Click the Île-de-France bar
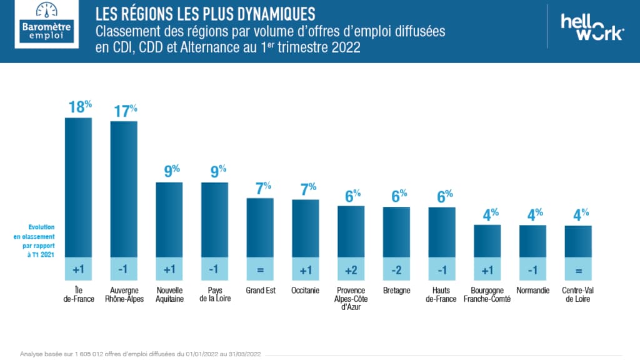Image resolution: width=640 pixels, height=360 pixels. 79,187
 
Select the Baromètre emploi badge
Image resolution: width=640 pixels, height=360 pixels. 47,25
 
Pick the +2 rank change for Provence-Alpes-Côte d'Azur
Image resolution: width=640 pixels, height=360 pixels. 351,269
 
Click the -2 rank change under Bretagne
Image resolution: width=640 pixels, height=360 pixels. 396,269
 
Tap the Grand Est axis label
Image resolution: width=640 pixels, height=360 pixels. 260,291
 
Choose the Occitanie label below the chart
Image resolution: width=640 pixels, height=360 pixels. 306,291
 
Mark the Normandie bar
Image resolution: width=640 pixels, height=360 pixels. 532,241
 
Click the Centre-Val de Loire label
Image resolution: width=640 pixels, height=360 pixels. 578,294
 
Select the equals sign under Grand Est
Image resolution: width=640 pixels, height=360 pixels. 260,269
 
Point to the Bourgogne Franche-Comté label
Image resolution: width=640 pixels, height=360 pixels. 487,294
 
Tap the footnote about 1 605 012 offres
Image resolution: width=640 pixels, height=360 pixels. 141,353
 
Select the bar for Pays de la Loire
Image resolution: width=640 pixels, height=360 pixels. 214,219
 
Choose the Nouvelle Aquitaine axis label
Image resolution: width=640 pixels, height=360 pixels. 169,294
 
